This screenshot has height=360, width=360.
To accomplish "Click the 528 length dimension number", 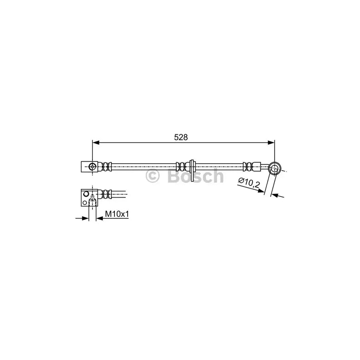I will (180, 137).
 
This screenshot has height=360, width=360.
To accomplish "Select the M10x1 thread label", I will (117, 214).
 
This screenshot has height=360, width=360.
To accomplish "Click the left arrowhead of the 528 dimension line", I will (96, 142).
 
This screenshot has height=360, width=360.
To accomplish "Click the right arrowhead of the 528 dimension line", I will (272, 142).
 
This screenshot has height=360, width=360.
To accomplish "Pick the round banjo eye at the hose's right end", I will (274, 168).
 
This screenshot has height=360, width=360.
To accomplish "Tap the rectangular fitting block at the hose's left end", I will (87, 166).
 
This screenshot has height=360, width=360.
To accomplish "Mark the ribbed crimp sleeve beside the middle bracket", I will (181, 166).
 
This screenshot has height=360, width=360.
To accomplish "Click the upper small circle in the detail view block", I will (85, 194).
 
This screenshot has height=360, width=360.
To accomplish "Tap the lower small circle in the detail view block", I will (84, 203).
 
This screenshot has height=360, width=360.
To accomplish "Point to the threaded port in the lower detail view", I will (92, 200).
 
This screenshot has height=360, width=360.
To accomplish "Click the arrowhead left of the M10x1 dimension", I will (85, 218).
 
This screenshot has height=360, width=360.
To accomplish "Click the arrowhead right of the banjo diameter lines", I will (280, 196).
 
